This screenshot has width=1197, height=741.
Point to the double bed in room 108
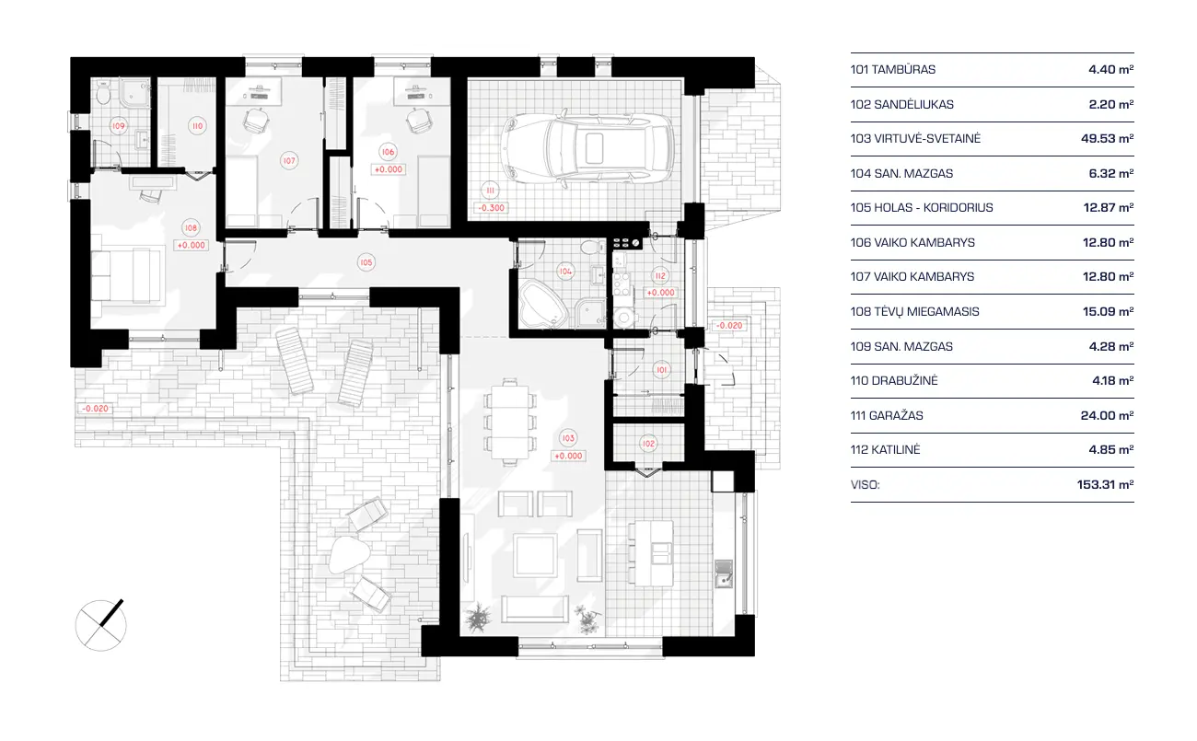click(x=130, y=273)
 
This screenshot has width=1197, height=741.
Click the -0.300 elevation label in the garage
click(x=491, y=208)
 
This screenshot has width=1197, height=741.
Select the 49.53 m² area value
click(x=1108, y=138)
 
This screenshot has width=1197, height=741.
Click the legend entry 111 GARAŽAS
click(x=887, y=415)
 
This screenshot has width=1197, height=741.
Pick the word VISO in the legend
click(x=865, y=484)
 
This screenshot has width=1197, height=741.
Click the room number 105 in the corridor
click(x=366, y=262)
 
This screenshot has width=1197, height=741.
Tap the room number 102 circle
click(x=648, y=444)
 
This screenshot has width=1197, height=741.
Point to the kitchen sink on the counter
click(x=725, y=578)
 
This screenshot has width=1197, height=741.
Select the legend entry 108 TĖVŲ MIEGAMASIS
click(x=914, y=311)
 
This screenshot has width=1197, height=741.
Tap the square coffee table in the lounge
click(x=534, y=555)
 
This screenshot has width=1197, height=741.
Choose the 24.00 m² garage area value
click(x=1108, y=415)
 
